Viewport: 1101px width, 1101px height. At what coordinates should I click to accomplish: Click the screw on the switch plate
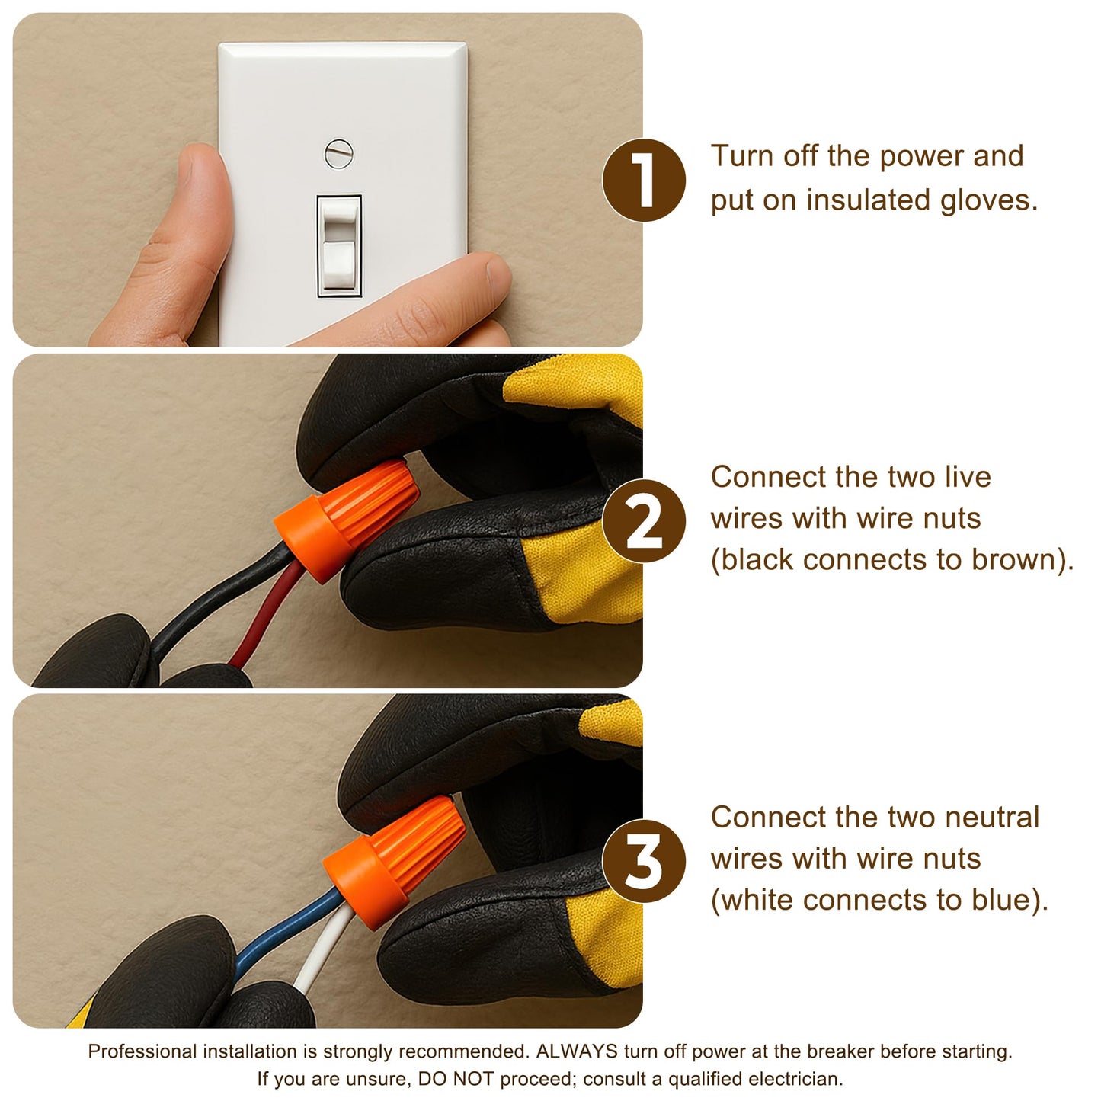(x=339, y=154)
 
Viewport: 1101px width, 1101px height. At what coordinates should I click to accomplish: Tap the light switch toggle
(x=339, y=245)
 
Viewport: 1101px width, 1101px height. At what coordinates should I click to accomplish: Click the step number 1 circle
(x=644, y=180)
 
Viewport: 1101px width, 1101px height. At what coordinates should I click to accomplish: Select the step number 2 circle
(x=644, y=520)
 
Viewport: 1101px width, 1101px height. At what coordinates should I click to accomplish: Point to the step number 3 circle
(x=644, y=860)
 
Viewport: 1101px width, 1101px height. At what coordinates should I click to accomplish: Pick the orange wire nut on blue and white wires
(x=395, y=862)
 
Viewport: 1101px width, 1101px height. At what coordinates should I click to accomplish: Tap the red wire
(x=268, y=614)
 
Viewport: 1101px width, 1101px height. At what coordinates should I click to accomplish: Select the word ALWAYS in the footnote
(x=577, y=1051)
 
